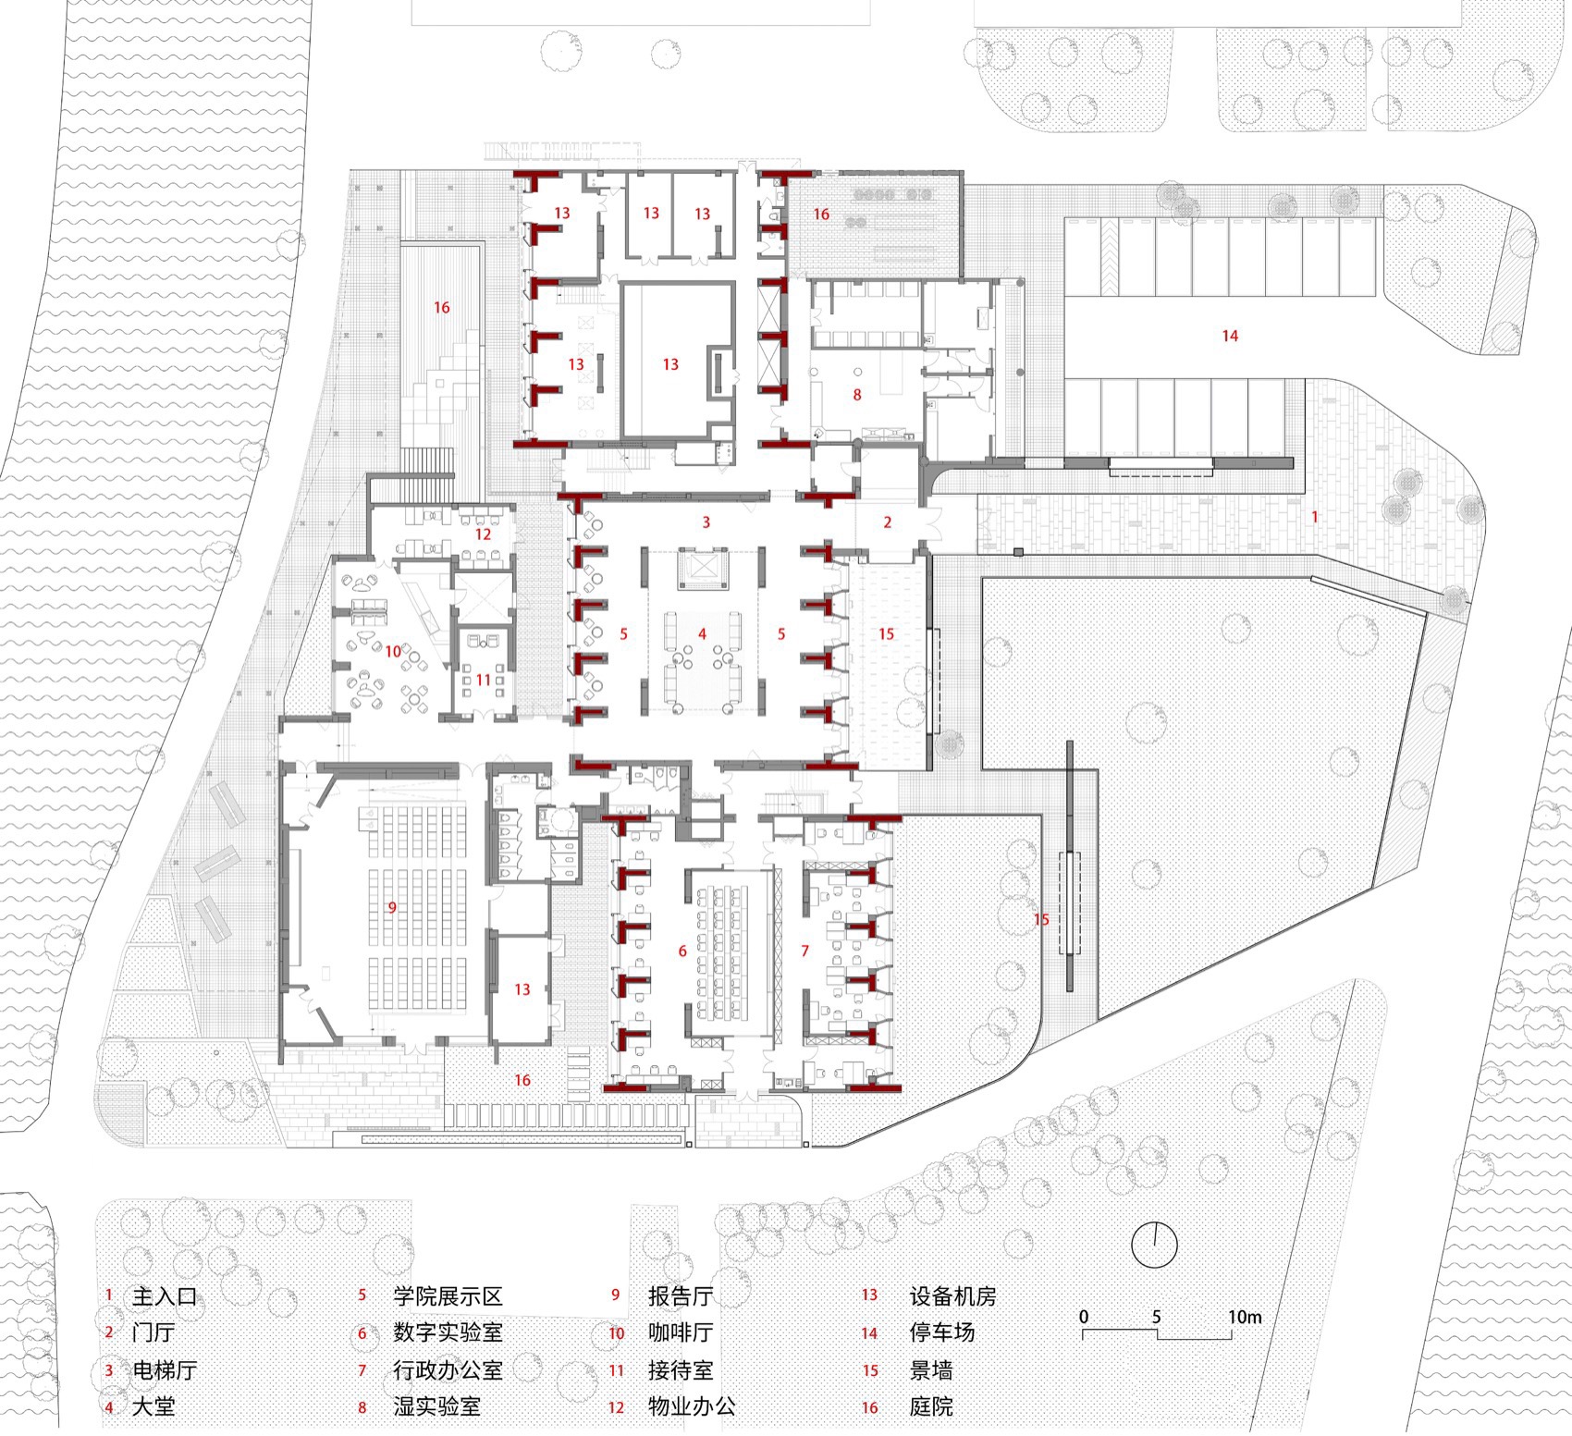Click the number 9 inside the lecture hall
click(392, 907)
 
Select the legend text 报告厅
click(680, 1296)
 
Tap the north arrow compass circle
click(1154, 1244)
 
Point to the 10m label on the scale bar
click(1244, 1317)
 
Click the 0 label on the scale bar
click(1084, 1317)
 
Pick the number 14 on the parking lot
click(1230, 336)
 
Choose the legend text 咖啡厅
click(680, 1333)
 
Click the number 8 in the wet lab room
click(857, 395)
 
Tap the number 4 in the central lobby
click(703, 634)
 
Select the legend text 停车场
click(941, 1333)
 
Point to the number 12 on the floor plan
click(483, 534)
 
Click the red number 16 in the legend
click(870, 1408)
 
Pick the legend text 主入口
click(165, 1296)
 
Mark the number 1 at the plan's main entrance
click(1314, 517)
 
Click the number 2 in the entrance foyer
click(888, 522)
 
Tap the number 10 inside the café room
click(393, 651)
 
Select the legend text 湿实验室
click(436, 1407)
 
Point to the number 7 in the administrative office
click(805, 951)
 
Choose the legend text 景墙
click(930, 1370)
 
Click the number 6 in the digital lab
click(682, 951)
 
